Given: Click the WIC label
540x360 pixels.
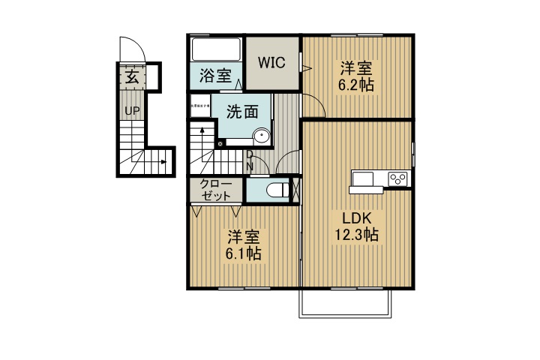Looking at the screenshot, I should pyautogui.click(x=271, y=63).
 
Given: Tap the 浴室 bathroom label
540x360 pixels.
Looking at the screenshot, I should pyautogui.click(x=214, y=76).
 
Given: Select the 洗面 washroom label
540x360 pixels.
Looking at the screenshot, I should pyautogui.click(x=242, y=112).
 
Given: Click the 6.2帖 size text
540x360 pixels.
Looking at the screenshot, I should pyautogui.click(x=356, y=85).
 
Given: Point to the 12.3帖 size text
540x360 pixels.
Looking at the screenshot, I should pyautogui.click(x=356, y=235).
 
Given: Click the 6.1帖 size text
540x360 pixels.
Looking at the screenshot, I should pyautogui.click(x=244, y=254).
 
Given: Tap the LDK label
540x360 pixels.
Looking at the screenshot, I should pyautogui.click(x=356, y=218).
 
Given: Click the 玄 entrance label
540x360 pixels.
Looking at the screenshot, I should pyautogui.click(x=131, y=76).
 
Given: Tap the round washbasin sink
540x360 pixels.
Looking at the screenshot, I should pyautogui.click(x=261, y=136).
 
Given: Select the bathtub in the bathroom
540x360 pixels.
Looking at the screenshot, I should pyautogui.click(x=217, y=50).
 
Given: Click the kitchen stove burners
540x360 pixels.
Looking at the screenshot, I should pyautogui.click(x=397, y=178).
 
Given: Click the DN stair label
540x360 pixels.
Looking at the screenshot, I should pyautogui.click(x=250, y=160).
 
